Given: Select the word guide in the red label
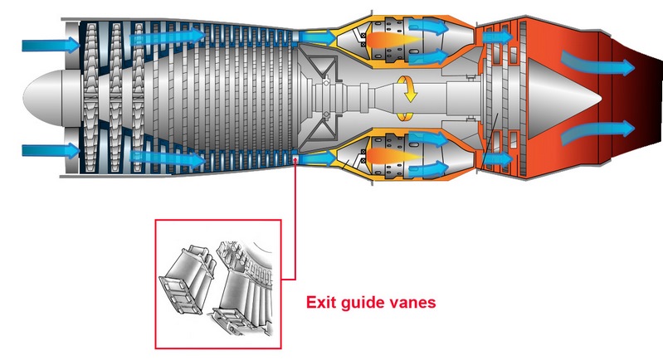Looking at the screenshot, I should click(x=364, y=304).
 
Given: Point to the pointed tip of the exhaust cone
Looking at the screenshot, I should click(x=604, y=97).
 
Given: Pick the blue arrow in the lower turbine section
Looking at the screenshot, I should click(x=496, y=157).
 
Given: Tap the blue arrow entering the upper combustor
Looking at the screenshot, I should click(x=315, y=36).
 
